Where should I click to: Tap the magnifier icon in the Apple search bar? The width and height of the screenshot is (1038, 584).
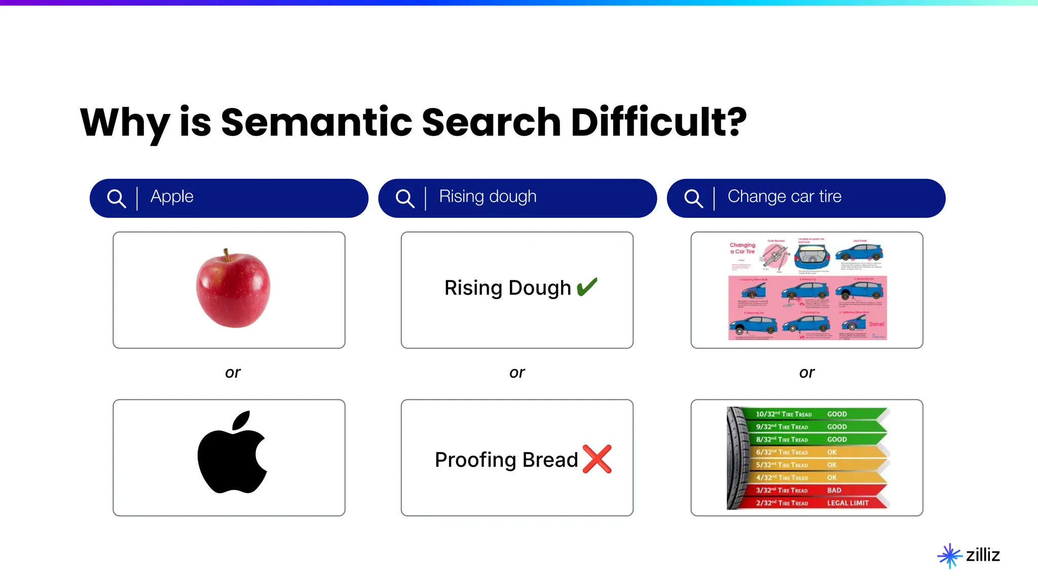[x=116, y=198]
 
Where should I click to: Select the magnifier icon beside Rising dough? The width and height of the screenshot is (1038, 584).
[x=404, y=198]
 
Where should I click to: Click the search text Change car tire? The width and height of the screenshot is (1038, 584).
[x=784, y=197]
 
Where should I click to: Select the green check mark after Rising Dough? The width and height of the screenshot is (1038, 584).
[x=587, y=287]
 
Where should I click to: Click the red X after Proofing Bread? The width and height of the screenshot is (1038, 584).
[x=597, y=459]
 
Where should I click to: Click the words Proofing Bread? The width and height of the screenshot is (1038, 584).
[x=506, y=460]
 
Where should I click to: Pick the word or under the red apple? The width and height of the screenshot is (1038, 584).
[x=233, y=373]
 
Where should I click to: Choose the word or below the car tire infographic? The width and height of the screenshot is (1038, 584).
[x=806, y=373]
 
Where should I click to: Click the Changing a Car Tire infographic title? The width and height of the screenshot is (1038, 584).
[x=742, y=248]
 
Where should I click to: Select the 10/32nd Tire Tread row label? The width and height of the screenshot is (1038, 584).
[x=783, y=414]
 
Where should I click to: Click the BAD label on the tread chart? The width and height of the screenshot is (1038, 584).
[x=834, y=490]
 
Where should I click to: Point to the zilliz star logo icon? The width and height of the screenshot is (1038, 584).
[x=949, y=556]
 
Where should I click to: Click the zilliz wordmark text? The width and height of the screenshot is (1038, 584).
[x=983, y=555]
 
